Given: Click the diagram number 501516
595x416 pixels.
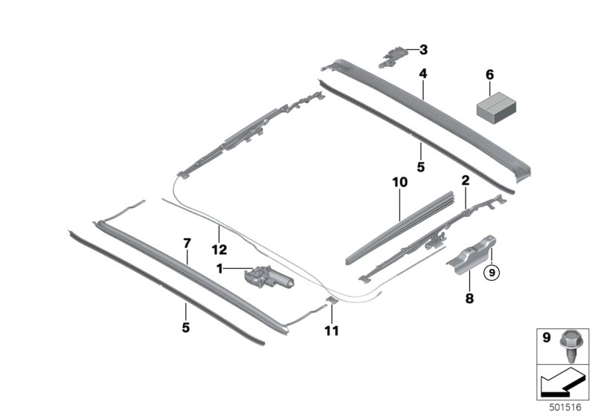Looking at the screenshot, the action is [x=565, y=407].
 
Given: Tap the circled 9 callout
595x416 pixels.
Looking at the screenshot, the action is [x=492, y=272].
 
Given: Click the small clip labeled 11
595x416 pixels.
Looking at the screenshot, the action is [x=332, y=300].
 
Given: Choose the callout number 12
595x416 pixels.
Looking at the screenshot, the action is [x=219, y=250].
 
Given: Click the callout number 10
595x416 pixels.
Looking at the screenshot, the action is [x=399, y=182].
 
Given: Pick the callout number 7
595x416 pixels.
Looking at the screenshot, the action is [x=187, y=243].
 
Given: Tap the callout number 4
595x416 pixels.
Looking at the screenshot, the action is [x=422, y=73].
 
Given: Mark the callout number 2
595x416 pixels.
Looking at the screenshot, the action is [x=466, y=181].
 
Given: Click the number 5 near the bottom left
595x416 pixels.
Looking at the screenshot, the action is [x=185, y=328].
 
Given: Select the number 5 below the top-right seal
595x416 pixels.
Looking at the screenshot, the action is [x=420, y=166].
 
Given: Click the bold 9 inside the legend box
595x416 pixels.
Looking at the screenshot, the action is [x=546, y=337].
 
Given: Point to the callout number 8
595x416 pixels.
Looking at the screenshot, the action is [x=469, y=298].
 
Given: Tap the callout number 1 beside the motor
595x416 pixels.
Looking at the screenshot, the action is [x=219, y=269].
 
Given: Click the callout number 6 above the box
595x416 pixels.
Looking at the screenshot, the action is [x=490, y=74].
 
